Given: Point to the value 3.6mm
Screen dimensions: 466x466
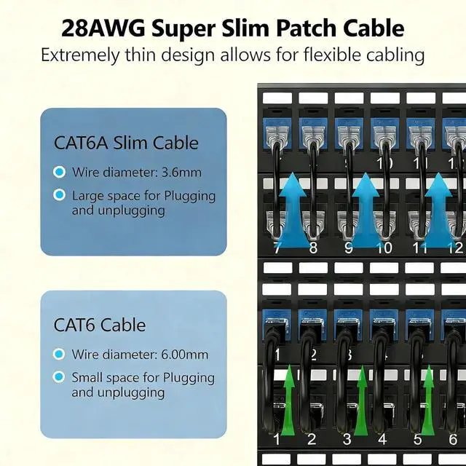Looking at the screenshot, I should pyautogui.click(x=183, y=173).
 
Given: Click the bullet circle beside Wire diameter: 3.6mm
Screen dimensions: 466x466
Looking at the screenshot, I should pyautogui.click(x=58, y=173).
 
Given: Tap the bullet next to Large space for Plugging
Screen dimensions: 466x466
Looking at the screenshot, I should pyautogui.click(x=58, y=195).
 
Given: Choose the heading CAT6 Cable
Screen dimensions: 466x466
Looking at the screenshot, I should pyautogui.click(x=100, y=324).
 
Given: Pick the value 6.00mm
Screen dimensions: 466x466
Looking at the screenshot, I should pyautogui.click(x=184, y=355).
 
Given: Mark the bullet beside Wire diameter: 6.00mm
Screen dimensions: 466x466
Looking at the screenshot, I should pyautogui.click(x=58, y=355).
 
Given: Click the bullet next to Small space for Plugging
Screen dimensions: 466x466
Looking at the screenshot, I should pyautogui.click(x=58, y=377).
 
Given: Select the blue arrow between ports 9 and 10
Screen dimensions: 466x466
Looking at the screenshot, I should pyautogui.click(x=366, y=205).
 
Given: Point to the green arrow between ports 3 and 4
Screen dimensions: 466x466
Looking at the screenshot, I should pyautogui.click(x=362, y=400).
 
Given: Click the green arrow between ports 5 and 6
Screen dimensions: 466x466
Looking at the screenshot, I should pyautogui.click(x=428, y=400).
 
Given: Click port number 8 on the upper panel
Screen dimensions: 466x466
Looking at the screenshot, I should pyautogui.click(x=313, y=248).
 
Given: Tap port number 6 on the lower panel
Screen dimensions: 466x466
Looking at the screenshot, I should pyautogui.click(x=451, y=439).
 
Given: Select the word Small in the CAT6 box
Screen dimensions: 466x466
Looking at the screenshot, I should pyautogui.click(x=87, y=377).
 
